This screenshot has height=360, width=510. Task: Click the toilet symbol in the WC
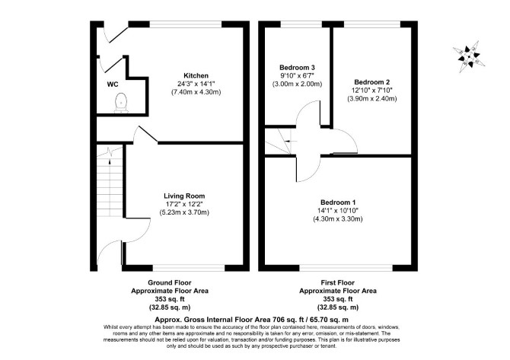click(x=121, y=103)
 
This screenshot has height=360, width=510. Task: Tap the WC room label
click(x=113, y=84)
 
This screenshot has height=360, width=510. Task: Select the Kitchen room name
click(x=196, y=76)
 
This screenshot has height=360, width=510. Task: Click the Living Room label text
click(x=184, y=196)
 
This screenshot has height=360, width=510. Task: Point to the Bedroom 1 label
click(x=338, y=202)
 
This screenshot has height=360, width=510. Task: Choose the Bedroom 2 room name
click(x=372, y=82)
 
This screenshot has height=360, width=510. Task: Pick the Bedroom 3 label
click(x=297, y=68)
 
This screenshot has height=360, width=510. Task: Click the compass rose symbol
click(x=469, y=57)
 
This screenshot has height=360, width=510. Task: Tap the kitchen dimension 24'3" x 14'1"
click(x=196, y=84)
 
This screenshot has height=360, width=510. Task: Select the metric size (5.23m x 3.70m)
click(x=184, y=212)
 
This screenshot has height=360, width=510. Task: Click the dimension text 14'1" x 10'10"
click(x=338, y=211)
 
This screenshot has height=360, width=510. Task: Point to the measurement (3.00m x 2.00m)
click(x=297, y=84)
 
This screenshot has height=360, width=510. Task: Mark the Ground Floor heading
click(x=170, y=283)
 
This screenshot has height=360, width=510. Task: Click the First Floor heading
click(x=338, y=283)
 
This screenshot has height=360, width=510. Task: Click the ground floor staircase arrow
click(x=110, y=157)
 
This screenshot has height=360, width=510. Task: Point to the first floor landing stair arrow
click(x=291, y=141)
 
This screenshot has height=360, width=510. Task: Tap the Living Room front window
click(x=189, y=268)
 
